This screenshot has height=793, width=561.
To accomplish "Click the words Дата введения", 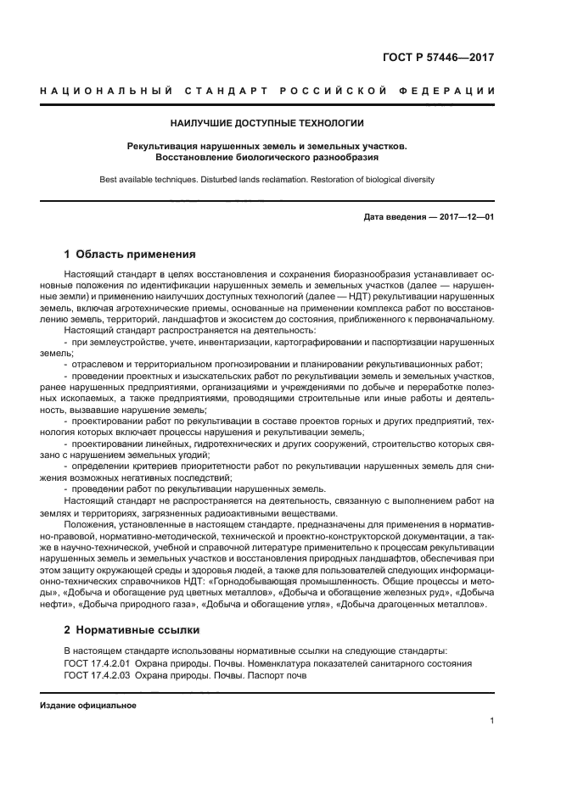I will point(394,217).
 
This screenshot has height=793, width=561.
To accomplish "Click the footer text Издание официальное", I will point(87,705).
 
